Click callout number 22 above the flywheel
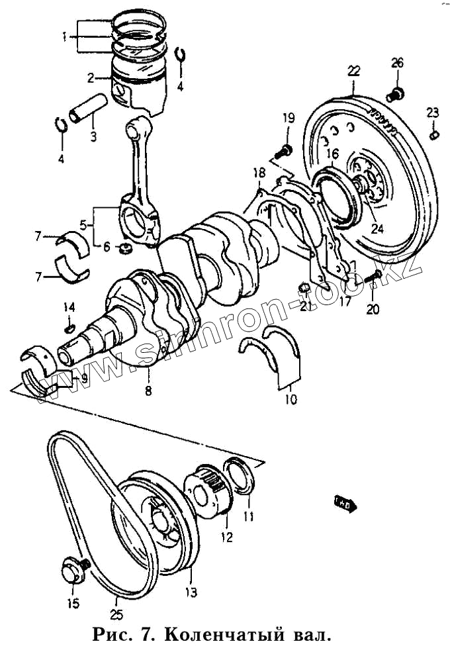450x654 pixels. pos(353,70)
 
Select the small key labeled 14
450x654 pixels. pos(69,327)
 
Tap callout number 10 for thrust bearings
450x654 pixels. pos(291,400)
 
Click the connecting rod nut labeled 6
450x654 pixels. pos(122,250)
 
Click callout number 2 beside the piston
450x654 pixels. pos(91,78)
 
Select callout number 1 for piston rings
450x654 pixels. pos(65,37)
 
